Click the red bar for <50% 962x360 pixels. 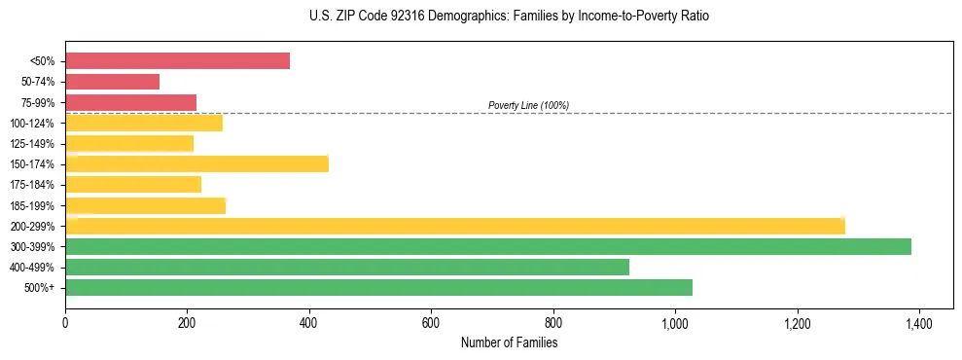coord(177,61)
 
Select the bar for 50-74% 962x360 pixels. coord(112,82)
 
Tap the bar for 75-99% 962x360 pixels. coord(130,102)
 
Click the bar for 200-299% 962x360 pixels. coord(454,226)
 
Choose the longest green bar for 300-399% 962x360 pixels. coord(487,246)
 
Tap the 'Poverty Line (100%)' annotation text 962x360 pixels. coord(528,105)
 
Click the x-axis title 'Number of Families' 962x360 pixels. coord(509,342)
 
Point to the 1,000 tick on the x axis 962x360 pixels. coord(675,321)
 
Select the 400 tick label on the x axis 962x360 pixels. coord(309,321)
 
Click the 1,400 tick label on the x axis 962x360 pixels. coord(919,321)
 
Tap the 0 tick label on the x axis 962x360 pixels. coord(65,321)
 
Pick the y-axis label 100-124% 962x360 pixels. coord(33,124)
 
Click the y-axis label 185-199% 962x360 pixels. coord(33,205)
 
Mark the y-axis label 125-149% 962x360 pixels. coord(33,144)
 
